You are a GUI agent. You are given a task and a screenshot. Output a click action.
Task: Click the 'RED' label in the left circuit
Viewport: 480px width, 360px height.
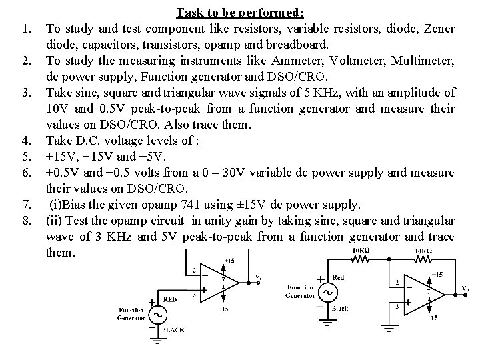(x=171, y=300)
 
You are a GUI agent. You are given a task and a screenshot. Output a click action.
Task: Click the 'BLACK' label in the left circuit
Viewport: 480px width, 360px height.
(x=173, y=330)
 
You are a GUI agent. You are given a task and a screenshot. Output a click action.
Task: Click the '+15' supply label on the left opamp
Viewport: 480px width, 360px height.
(x=229, y=260)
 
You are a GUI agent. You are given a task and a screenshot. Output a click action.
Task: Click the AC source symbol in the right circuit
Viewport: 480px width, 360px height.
(x=327, y=292)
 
